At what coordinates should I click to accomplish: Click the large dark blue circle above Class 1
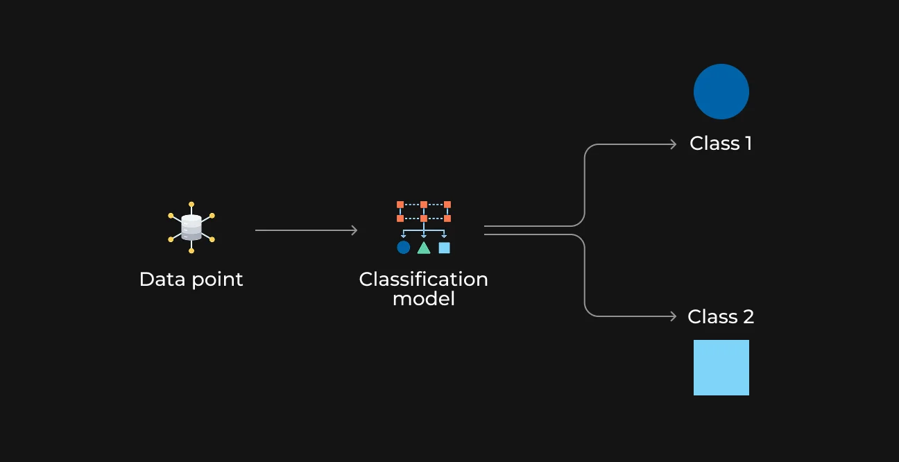pos(721,92)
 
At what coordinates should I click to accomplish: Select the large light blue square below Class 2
pos(721,368)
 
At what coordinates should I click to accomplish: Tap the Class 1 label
pos(721,144)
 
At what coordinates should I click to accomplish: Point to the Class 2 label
pos(721,317)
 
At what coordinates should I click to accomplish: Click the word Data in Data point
pos(162,279)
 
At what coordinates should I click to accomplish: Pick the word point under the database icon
pos(218,280)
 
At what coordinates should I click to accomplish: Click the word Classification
pos(423,279)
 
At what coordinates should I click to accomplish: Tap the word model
pos(423,298)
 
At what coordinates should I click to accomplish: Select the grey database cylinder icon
pos(191,228)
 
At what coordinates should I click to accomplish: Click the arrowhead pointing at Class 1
pos(674,144)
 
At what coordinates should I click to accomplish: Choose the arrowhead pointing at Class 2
pos(674,316)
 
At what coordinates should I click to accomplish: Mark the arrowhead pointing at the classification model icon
pos(354,230)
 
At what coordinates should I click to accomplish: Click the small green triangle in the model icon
pos(424,248)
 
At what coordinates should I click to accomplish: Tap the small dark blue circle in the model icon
pos(403,248)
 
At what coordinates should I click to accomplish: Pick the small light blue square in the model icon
pos(444,248)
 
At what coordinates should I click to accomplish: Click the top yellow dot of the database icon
pos(191,205)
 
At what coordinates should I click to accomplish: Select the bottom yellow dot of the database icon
pos(191,251)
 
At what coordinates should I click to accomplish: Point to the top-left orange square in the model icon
pos(400,205)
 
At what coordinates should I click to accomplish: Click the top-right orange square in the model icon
pos(447,205)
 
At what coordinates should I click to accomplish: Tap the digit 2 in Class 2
pos(748,317)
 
